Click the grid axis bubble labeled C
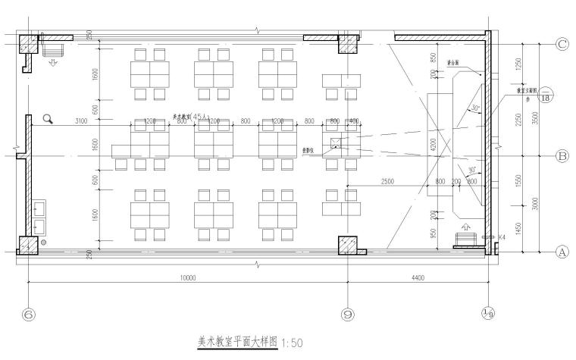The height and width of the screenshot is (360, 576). (562, 44)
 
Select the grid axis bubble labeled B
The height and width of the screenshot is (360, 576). (562, 157)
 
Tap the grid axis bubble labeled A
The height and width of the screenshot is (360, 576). (562, 253)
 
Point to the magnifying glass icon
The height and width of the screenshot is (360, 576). (48, 118)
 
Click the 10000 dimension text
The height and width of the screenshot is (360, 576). (188, 278)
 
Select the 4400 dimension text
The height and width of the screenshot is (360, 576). (418, 278)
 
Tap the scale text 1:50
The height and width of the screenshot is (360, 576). (292, 343)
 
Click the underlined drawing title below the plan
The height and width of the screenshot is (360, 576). (238, 342)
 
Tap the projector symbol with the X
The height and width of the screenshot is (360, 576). (337, 142)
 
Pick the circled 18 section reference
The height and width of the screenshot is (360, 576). (546, 96)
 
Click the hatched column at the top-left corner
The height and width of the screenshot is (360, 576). (27, 44)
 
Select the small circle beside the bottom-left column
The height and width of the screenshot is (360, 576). (45, 242)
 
